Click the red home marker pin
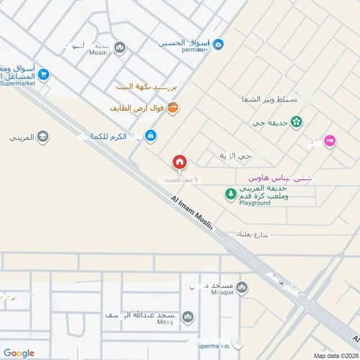pyautogui.click(x=179, y=163)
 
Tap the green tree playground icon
pyautogui.click(x=230, y=193)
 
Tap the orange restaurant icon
pyautogui.click(x=172, y=108)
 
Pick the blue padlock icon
pyautogui.click(x=150, y=135)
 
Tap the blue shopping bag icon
pyautogui.click(x=218, y=45)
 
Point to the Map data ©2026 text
pyautogui.click(x=334, y=355)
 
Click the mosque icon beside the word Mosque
pyautogui.click(x=241, y=287)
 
